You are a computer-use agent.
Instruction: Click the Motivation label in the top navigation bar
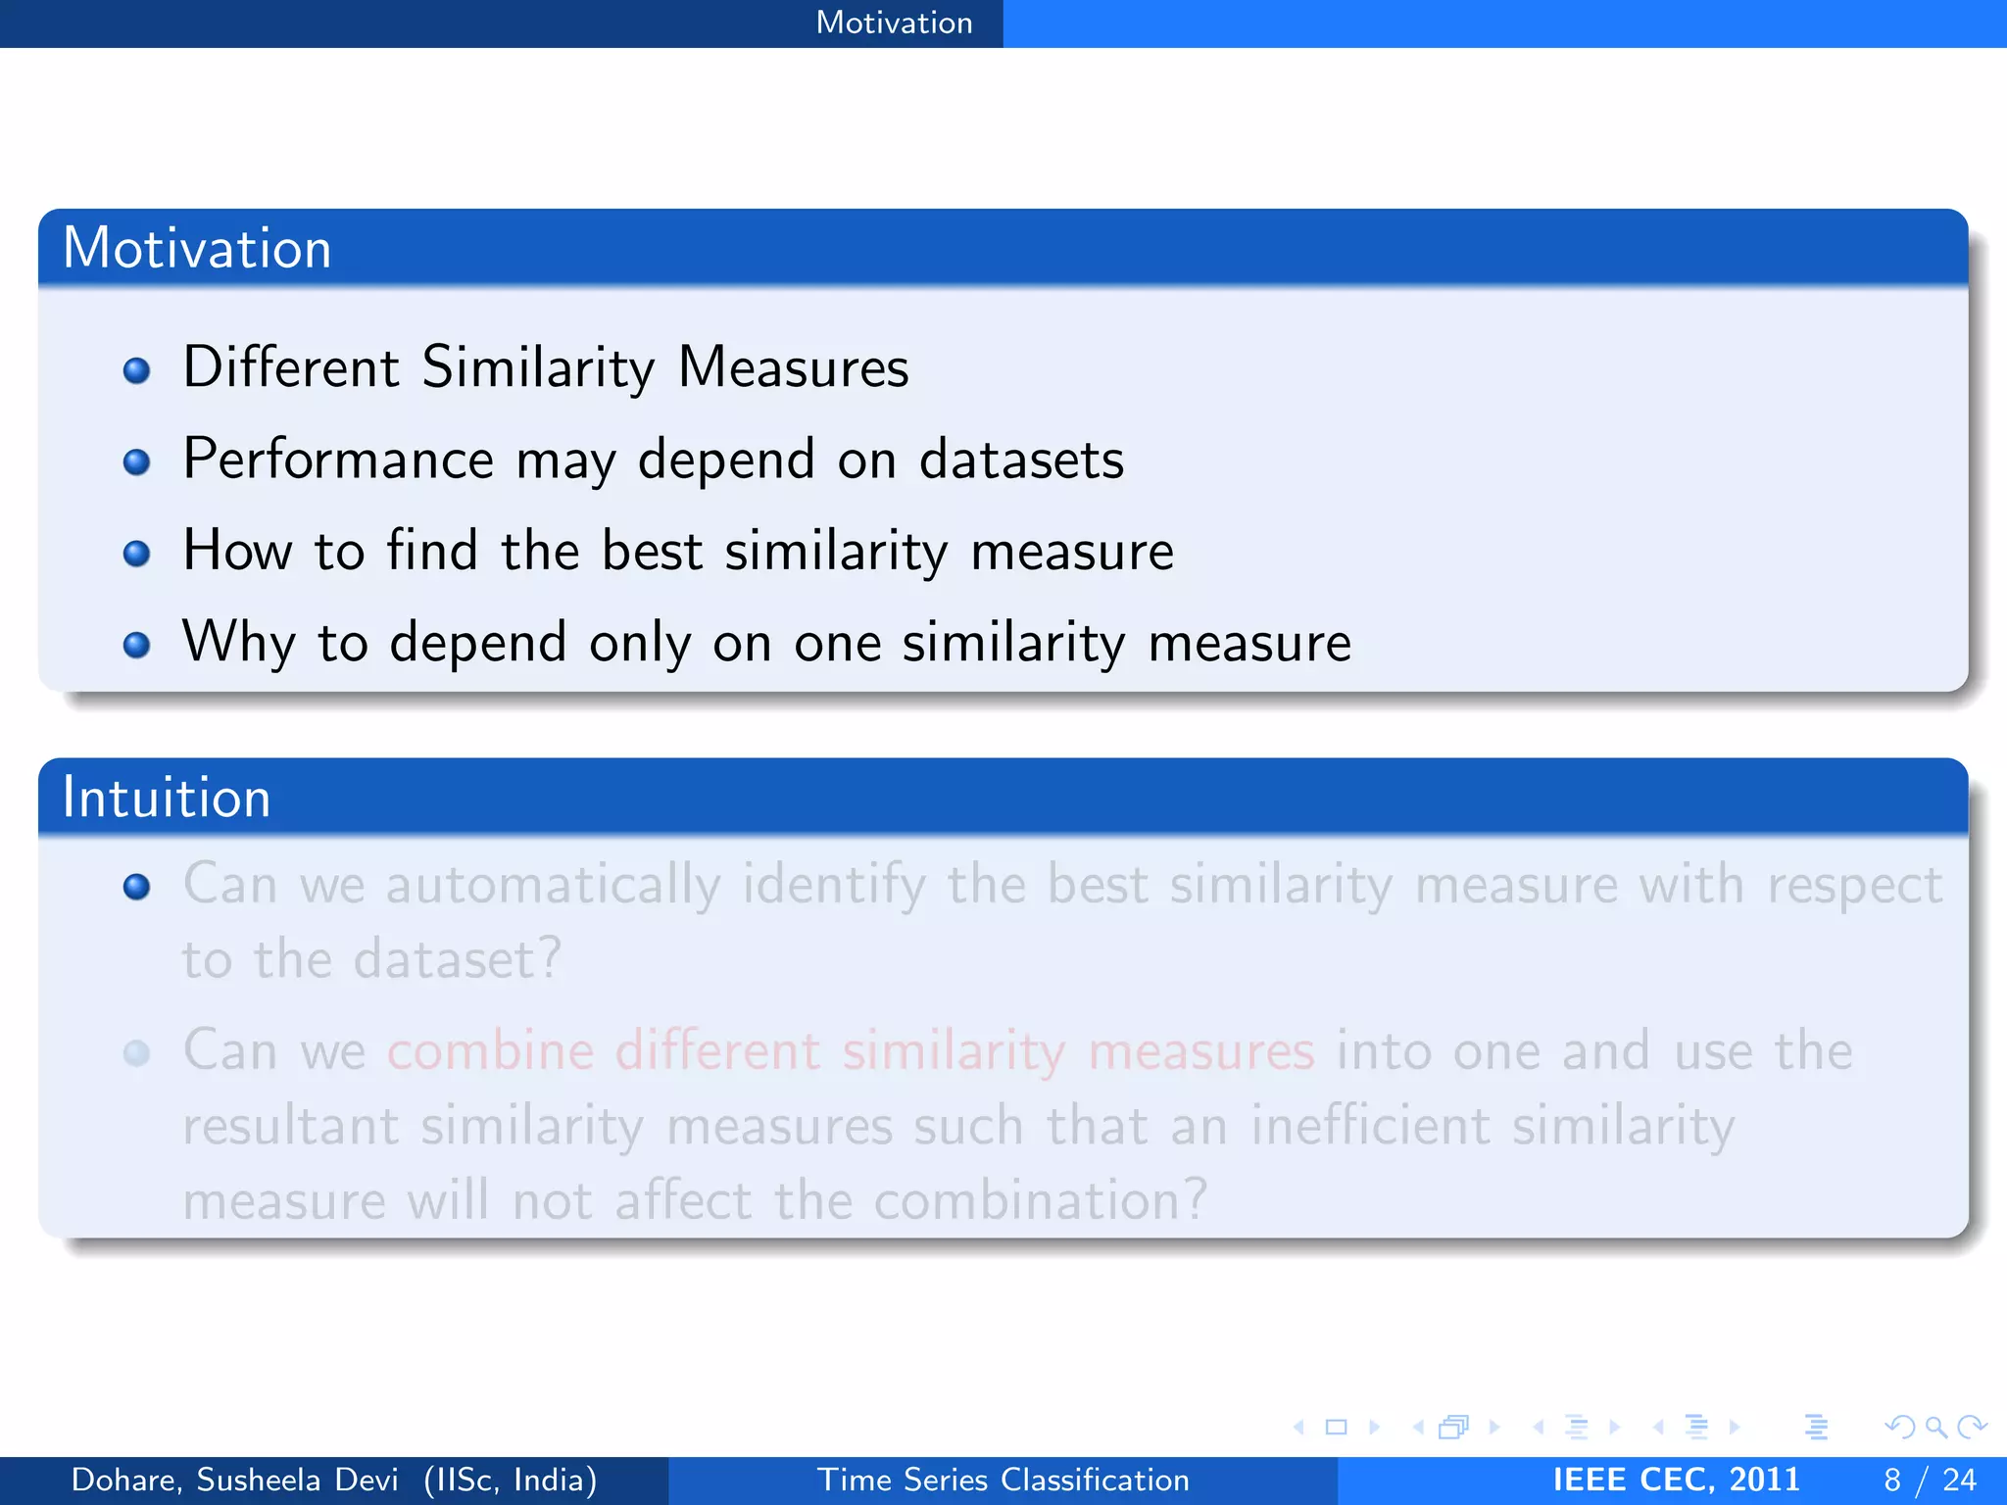pyautogui.click(x=894, y=23)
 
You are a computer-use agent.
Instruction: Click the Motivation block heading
pyautogui.click(x=197, y=248)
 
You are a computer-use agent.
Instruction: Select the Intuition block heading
pyautogui.click(x=166, y=798)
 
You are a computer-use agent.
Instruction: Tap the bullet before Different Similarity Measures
pyautogui.click(x=136, y=370)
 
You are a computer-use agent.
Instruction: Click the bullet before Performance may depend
pyautogui.click(x=136, y=461)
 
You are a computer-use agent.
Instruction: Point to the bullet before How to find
pyautogui.click(x=136, y=554)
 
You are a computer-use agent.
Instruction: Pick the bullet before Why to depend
pyautogui.click(x=136, y=645)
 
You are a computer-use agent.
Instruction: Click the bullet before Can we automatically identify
pyautogui.click(x=136, y=887)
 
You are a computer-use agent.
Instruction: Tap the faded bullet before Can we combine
pyautogui.click(x=136, y=1053)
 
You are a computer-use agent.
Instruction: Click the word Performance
pyautogui.click(x=338, y=460)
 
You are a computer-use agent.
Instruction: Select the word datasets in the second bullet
pyautogui.click(x=1021, y=460)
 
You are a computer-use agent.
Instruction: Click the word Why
pyautogui.click(x=238, y=644)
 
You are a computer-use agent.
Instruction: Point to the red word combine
pyautogui.click(x=490, y=1051)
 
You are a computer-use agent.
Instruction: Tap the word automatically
pyautogui.click(x=553, y=885)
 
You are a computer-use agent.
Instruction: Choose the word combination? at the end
pyautogui.click(x=1040, y=1200)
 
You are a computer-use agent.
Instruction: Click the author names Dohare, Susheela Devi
pyautogui.click(x=235, y=1480)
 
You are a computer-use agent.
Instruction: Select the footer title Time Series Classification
pyautogui.click(x=1003, y=1480)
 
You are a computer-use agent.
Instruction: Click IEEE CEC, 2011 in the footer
pyautogui.click(x=1676, y=1480)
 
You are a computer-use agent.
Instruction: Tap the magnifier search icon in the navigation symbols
pyautogui.click(x=1935, y=1427)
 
